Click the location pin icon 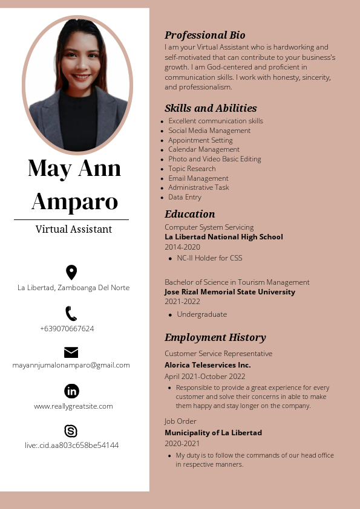pos(71,272)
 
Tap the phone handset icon pos(71,313)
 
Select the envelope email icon pos(71,352)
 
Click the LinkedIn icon pos(71,391)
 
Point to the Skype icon pos(71,431)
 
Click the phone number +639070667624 pos(67,329)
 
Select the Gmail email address pos(71,365)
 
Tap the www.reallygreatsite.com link pos(73,406)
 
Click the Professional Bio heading pos(205,35)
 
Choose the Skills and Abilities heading pos(211,108)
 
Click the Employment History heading pos(215,337)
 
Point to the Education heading pos(189,214)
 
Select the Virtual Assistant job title pos(74,230)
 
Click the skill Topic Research pos(192,169)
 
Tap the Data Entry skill pos(185,197)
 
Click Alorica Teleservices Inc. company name pos(208,365)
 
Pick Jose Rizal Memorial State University pos(230,292)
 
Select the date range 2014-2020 pos(182,247)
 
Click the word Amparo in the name pos(74,201)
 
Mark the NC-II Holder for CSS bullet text pos(209,258)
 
